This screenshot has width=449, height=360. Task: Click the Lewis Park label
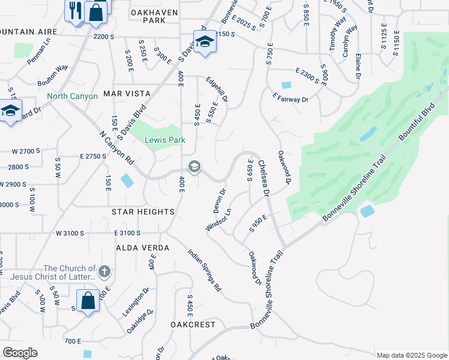click(164, 140)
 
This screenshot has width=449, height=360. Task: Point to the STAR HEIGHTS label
click(143, 212)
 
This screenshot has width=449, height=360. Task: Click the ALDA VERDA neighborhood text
click(143, 247)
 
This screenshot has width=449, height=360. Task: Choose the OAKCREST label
click(192, 324)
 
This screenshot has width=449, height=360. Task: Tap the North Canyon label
click(72, 96)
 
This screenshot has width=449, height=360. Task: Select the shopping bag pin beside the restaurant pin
click(96, 12)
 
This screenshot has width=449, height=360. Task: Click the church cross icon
click(105, 272)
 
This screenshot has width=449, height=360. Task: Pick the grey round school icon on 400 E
click(194, 167)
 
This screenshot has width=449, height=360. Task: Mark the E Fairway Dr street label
click(290, 98)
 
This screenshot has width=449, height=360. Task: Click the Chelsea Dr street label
click(263, 178)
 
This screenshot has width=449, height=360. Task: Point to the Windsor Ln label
click(218, 220)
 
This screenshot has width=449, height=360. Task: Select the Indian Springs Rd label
click(205, 271)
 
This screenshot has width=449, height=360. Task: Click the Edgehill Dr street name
click(217, 90)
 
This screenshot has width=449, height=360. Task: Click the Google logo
click(20, 353)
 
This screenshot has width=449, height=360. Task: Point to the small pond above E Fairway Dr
click(286, 85)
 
